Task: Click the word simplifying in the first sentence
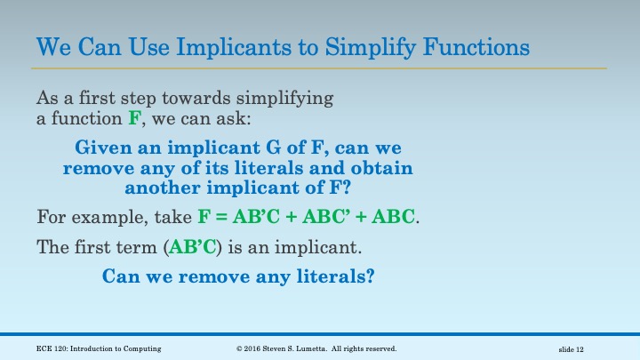[286, 97]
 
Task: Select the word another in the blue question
[161, 188]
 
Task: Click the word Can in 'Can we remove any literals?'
[120, 276]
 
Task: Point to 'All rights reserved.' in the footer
[366, 348]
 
